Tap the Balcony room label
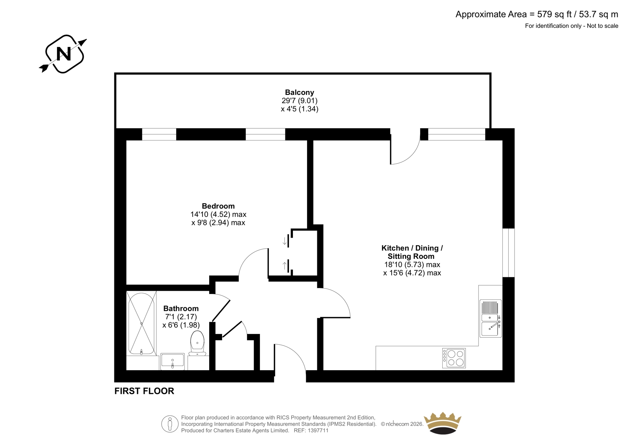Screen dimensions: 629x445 (299, 92)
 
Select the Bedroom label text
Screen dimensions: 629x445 (218, 206)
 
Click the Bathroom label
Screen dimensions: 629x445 (181, 308)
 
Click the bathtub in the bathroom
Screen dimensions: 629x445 (141, 323)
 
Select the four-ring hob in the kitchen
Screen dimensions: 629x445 (454, 358)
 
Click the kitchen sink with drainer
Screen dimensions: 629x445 (491, 318)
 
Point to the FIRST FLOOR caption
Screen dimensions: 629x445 (144, 391)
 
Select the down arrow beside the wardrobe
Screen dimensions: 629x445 (285, 241)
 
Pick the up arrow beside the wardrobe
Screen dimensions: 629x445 (285, 266)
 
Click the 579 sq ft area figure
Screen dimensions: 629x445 (554, 14)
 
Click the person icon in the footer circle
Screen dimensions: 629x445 (169, 424)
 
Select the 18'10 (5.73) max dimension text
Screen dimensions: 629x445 (412, 264)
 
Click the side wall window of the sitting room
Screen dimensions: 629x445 (509, 253)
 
